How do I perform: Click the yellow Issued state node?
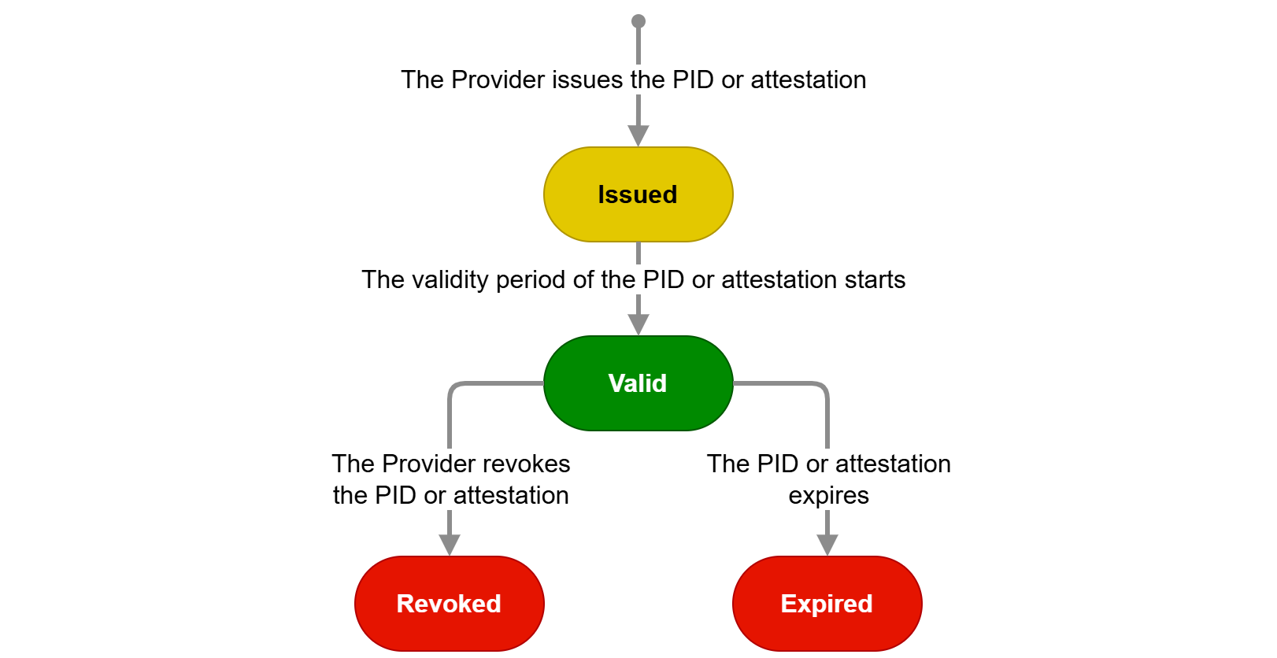[x=638, y=194]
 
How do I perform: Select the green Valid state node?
[x=638, y=383]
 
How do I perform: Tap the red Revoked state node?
[x=449, y=604]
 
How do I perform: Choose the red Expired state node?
[x=827, y=604]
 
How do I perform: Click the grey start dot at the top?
[x=638, y=21]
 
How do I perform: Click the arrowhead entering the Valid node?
[x=638, y=324]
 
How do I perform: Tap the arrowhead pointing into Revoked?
[x=450, y=545]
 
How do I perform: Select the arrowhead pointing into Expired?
[x=827, y=545]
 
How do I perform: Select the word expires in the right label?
[x=828, y=496]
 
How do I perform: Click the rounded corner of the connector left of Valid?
[x=452, y=386]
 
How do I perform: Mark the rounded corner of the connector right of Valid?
[x=824, y=386]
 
